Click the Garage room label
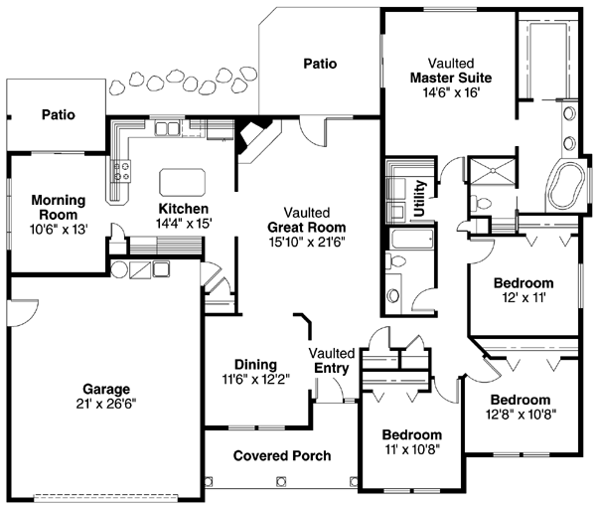pyautogui.click(x=107, y=389)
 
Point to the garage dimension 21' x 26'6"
pyautogui.click(x=107, y=405)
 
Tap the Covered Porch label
pyautogui.click(x=282, y=455)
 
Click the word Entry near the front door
pyautogui.click(x=331, y=369)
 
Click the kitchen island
pyautogui.click(x=183, y=180)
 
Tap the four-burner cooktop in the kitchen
pyautogui.click(x=123, y=172)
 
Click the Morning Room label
pyautogui.click(x=58, y=207)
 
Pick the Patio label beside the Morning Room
pyautogui.click(x=59, y=114)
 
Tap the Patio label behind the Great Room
pyautogui.click(x=319, y=64)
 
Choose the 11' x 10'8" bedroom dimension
pyautogui.click(x=412, y=450)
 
